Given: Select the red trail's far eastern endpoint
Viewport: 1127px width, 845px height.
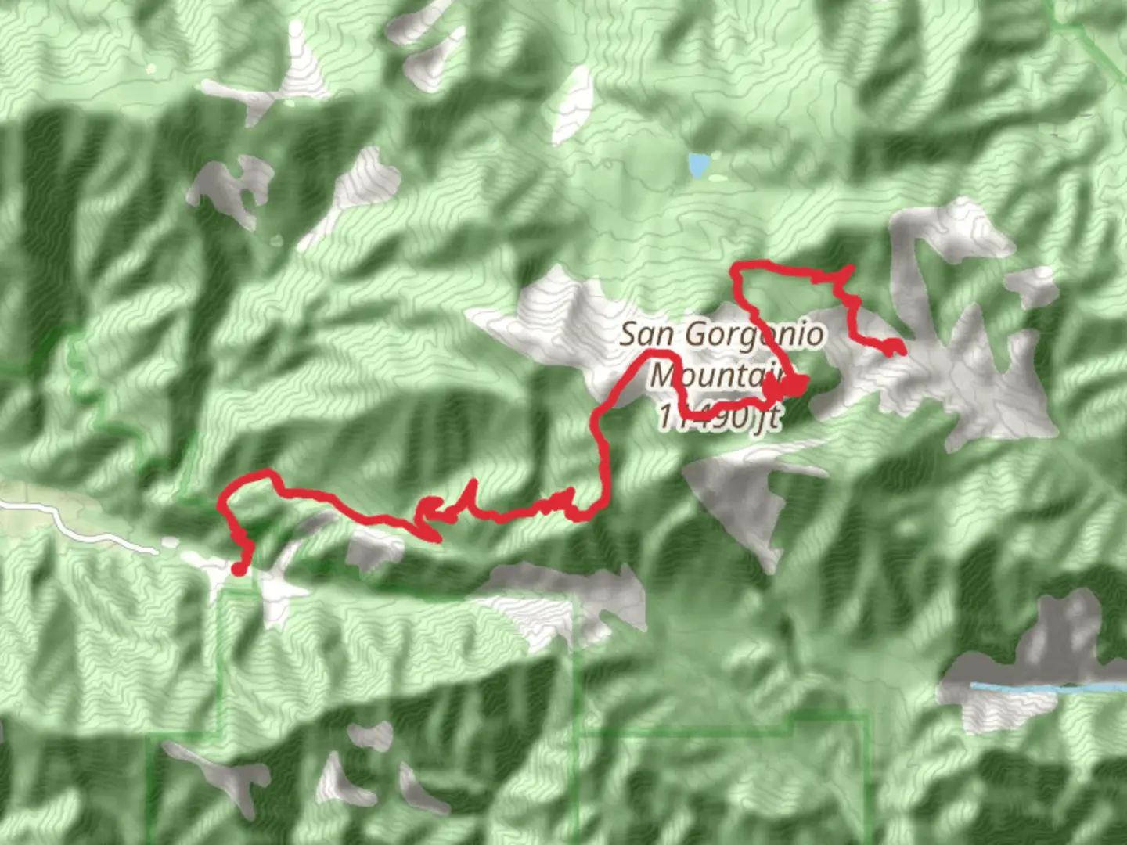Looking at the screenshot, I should coord(900,351).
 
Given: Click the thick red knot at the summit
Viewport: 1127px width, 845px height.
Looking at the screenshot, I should coord(792,385).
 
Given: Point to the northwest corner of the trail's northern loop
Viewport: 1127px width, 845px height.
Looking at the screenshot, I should coord(734,268).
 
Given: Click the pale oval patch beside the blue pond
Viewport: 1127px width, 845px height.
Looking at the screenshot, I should coord(718,178).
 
